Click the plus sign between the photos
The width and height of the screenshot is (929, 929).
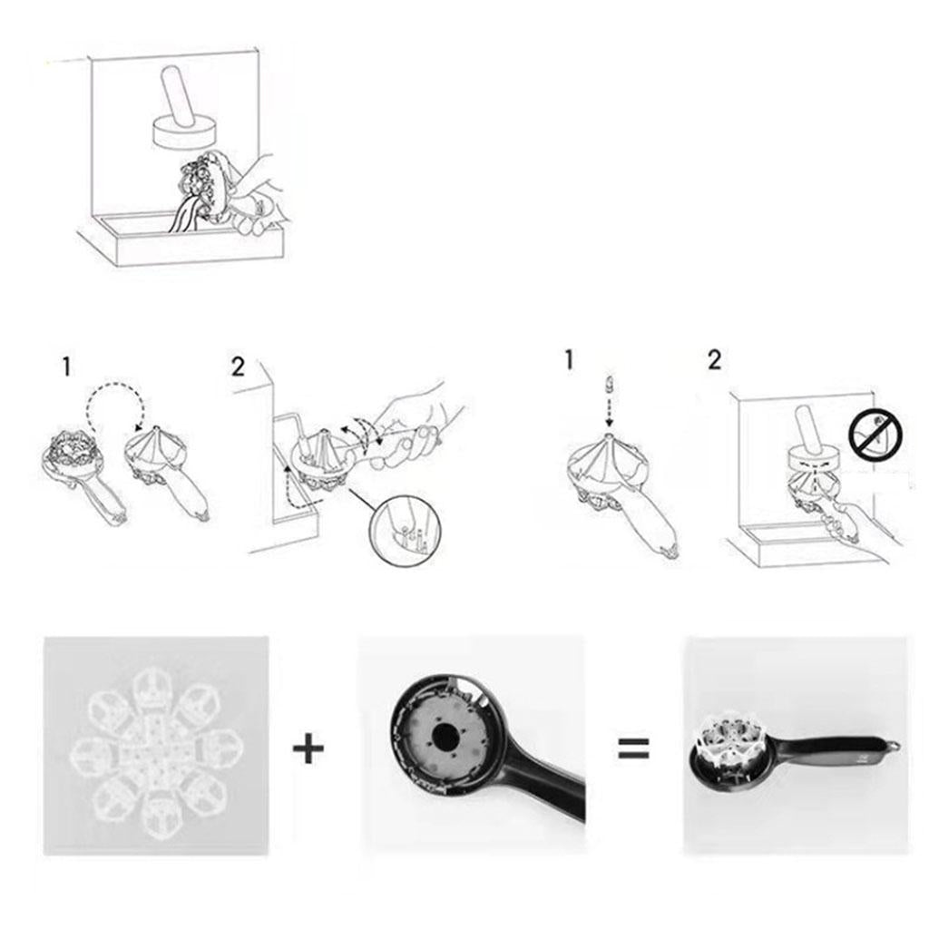click(x=308, y=748)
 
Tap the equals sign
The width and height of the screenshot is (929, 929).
click(x=633, y=748)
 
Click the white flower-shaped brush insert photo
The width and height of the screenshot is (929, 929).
click(x=156, y=746)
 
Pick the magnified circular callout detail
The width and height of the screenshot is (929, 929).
click(x=406, y=529)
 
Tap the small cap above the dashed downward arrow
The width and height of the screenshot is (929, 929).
click(x=609, y=384)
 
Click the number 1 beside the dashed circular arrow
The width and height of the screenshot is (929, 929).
click(x=67, y=367)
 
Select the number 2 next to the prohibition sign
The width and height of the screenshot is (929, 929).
click(x=715, y=359)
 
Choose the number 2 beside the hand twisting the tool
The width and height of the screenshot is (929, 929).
click(x=238, y=367)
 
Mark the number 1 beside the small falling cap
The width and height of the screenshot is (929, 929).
click(x=570, y=359)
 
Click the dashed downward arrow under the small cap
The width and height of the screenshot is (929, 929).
click(x=609, y=411)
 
